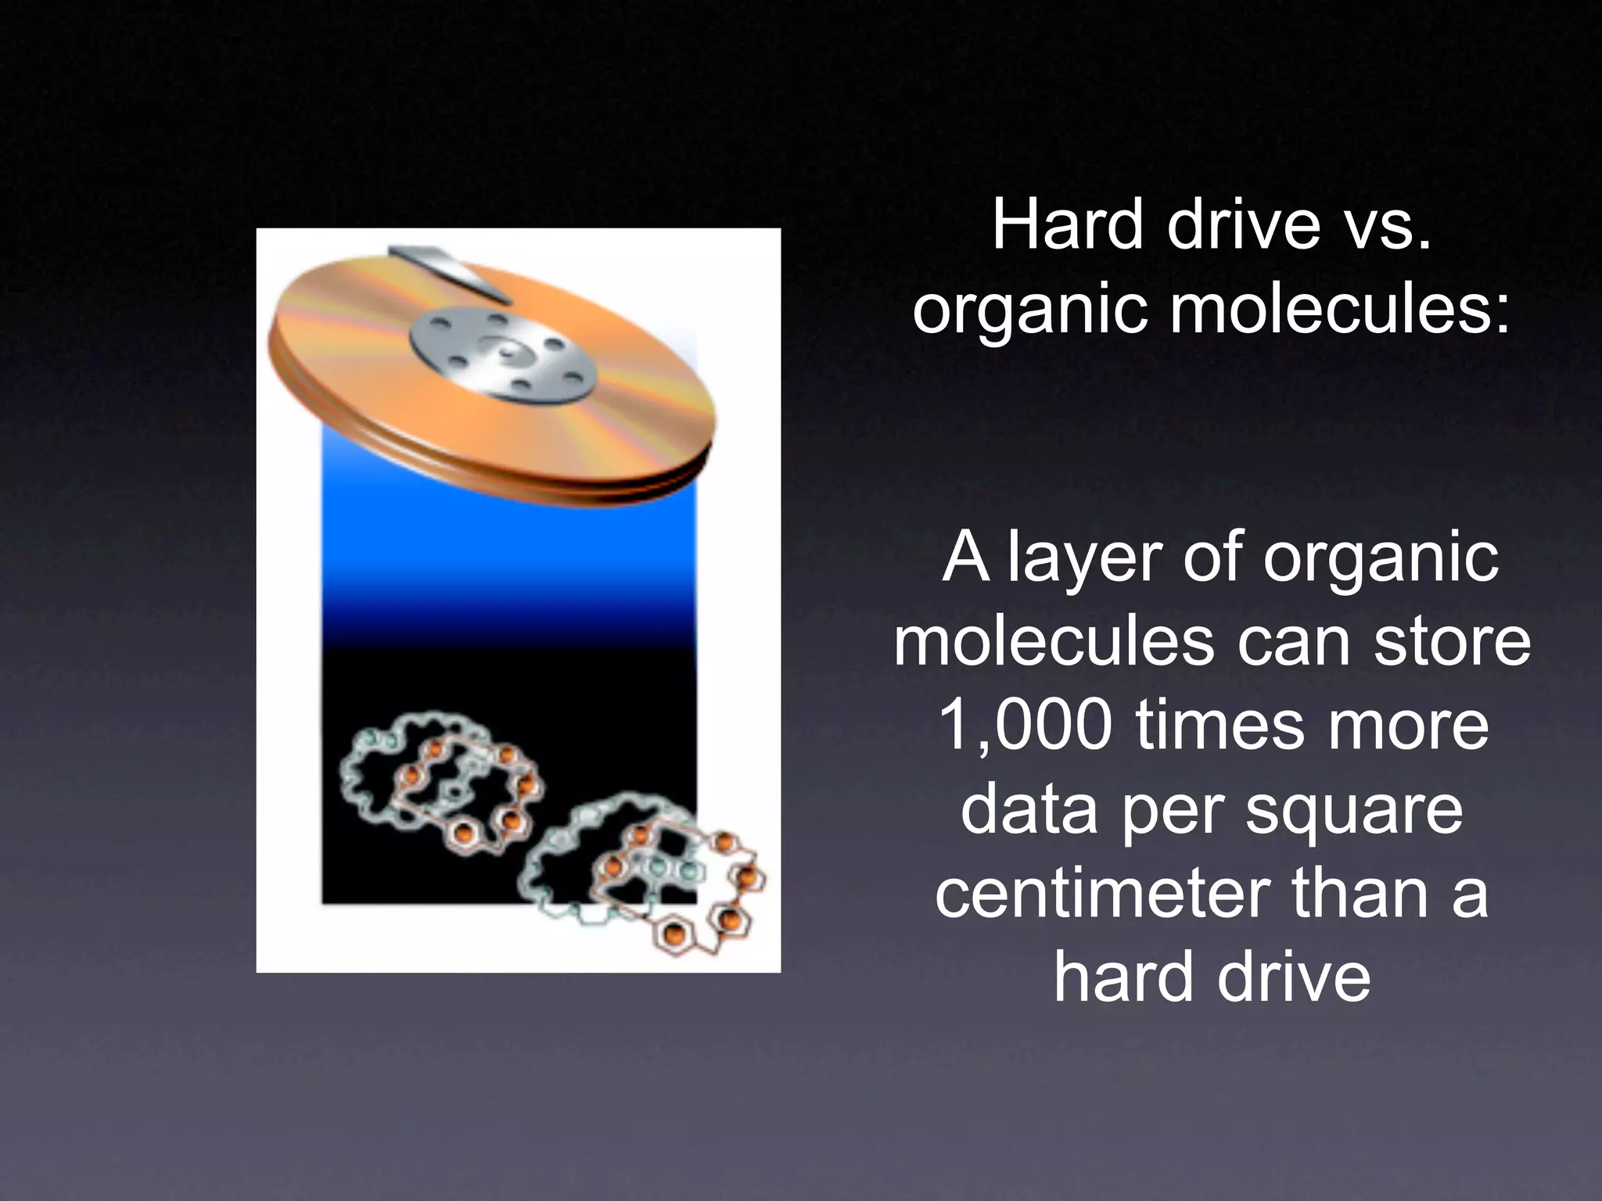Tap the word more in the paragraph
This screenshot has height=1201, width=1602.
(x=1409, y=725)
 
